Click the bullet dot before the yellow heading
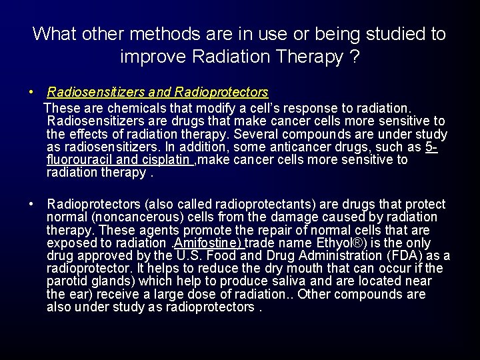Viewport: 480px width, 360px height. tap(31, 92)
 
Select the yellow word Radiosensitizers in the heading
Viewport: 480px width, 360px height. tap(94, 92)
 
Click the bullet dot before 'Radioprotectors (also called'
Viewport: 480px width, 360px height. tap(31, 204)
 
